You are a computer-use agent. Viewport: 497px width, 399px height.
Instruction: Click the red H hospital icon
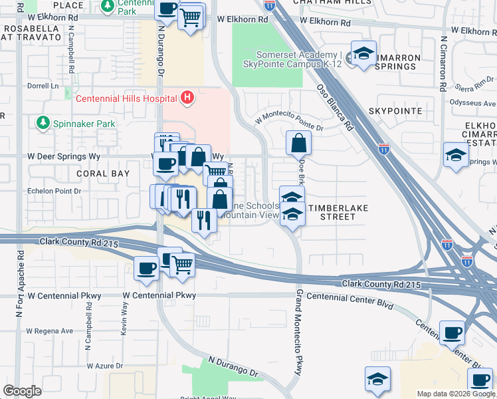click(187, 98)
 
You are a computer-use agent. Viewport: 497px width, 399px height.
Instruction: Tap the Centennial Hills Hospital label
click(126, 99)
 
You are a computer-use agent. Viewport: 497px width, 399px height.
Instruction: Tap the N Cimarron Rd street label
click(442, 63)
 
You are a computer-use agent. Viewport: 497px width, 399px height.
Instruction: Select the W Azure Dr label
click(105, 366)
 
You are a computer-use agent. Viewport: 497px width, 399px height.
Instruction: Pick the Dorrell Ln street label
click(43, 86)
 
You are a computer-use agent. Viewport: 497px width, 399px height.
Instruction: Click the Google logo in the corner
click(22, 391)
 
